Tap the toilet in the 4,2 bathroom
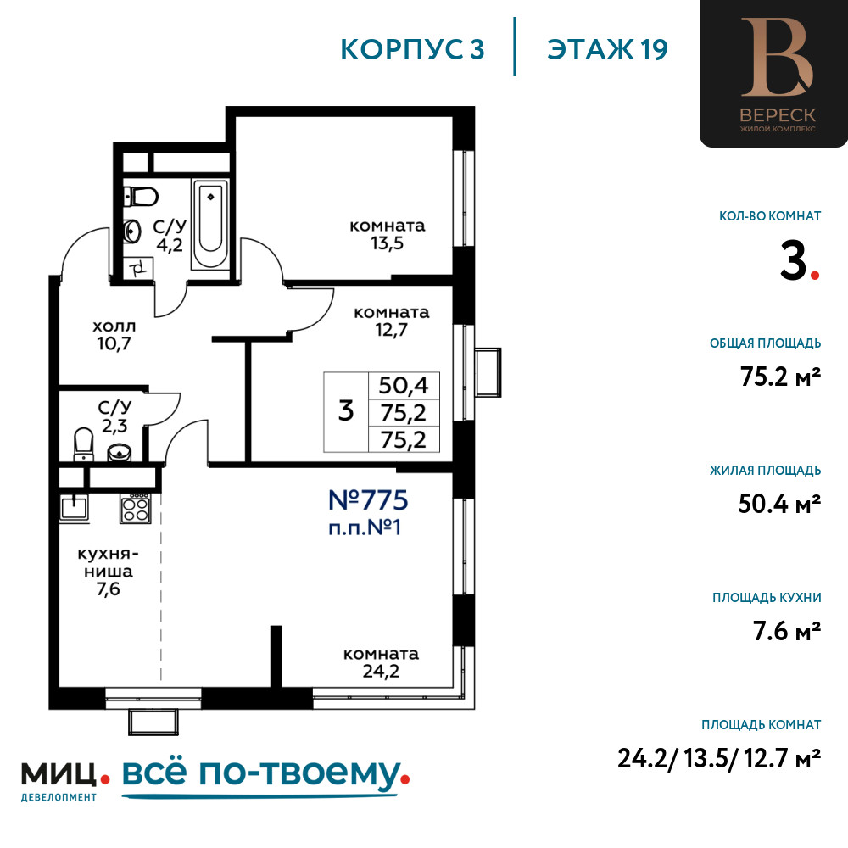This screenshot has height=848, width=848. tap(140, 197)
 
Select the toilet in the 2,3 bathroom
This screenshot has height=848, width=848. tap(83, 444)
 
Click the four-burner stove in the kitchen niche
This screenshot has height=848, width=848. tap(135, 508)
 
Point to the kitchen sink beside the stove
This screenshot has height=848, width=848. tap(74, 508)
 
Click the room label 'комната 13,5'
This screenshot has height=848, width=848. tap(388, 234)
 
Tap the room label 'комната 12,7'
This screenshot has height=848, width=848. tap(392, 321)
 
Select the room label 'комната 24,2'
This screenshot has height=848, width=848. tap(382, 662)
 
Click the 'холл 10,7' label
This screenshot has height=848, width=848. tap(114, 335)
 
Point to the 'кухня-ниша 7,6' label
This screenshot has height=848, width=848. tap(109, 571)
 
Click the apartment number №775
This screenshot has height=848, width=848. tap(368, 500)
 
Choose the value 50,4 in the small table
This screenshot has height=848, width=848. tap(404, 386)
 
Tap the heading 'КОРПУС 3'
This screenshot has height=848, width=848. tap(413, 49)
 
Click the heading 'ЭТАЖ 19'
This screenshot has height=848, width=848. tap(607, 49)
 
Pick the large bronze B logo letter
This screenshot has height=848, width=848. tap(778, 58)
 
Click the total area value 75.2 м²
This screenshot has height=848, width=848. tap(780, 377)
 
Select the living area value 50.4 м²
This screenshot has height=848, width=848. tap(779, 504)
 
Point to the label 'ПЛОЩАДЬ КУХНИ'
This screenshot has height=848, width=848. tap(767, 598)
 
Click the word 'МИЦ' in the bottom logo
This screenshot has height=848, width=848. tap(59, 774)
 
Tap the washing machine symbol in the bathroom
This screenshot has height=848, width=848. tap(138, 268)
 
